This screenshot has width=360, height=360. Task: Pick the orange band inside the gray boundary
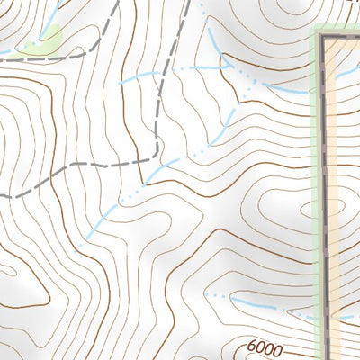(340, 180)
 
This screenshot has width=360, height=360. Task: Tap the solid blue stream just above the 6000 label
(261, 305)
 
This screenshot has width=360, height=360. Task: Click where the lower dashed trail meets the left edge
(2, 193)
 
